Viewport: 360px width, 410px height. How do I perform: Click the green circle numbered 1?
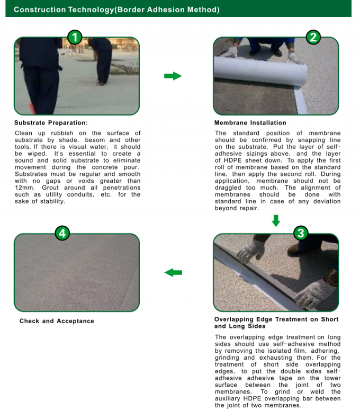click(75, 37)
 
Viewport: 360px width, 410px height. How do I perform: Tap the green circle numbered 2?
click(313, 37)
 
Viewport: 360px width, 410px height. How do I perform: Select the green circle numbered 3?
click(300, 233)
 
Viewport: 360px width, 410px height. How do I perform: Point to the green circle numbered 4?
click(62, 233)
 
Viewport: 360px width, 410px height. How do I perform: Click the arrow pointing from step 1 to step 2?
click(173, 76)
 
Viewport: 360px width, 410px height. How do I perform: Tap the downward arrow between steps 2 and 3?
click(276, 220)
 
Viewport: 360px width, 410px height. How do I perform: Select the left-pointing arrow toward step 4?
click(173, 272)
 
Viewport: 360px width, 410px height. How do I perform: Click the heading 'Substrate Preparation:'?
click(51, 123)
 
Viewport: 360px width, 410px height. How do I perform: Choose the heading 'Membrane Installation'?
click(250, 123)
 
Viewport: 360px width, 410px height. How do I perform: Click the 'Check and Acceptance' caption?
click(57, 321)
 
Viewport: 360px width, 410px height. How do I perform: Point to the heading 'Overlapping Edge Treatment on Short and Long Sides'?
click(276, 323)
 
